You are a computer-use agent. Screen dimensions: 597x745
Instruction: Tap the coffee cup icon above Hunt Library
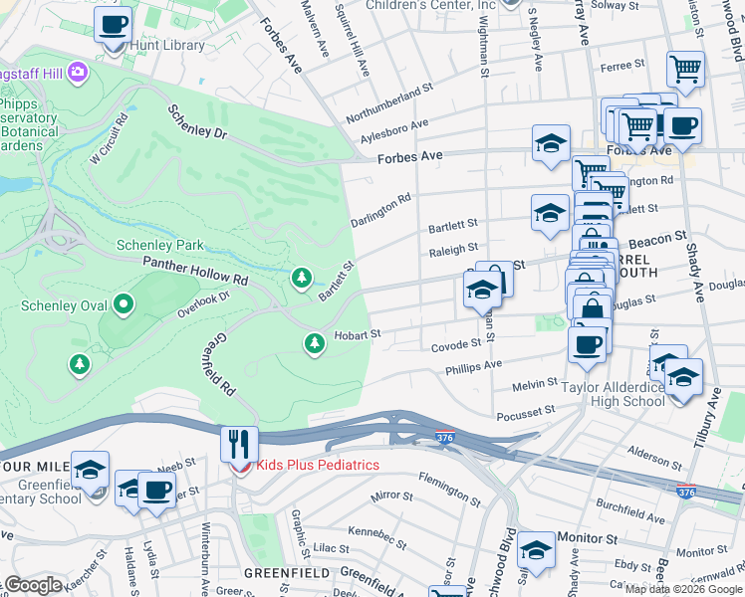tap(113, 23)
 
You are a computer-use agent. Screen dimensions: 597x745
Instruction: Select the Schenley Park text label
tap(160, 245)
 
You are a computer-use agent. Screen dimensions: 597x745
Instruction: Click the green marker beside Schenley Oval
tap(124, 303)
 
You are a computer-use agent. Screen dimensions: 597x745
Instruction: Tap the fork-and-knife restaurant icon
tap(239, 443)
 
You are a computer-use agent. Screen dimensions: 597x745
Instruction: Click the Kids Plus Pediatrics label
tap(318, 465)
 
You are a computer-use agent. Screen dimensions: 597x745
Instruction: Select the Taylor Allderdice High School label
tap(614, 394)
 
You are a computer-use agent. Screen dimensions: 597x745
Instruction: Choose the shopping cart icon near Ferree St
tap(685, 69)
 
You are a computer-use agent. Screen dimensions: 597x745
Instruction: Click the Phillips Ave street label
tap(473, 366)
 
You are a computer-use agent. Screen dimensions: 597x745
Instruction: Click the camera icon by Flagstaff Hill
tap(77, 73)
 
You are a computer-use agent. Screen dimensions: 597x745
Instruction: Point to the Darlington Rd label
tap(380, 210)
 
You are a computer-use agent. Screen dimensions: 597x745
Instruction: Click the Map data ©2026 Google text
tap(683, 589)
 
